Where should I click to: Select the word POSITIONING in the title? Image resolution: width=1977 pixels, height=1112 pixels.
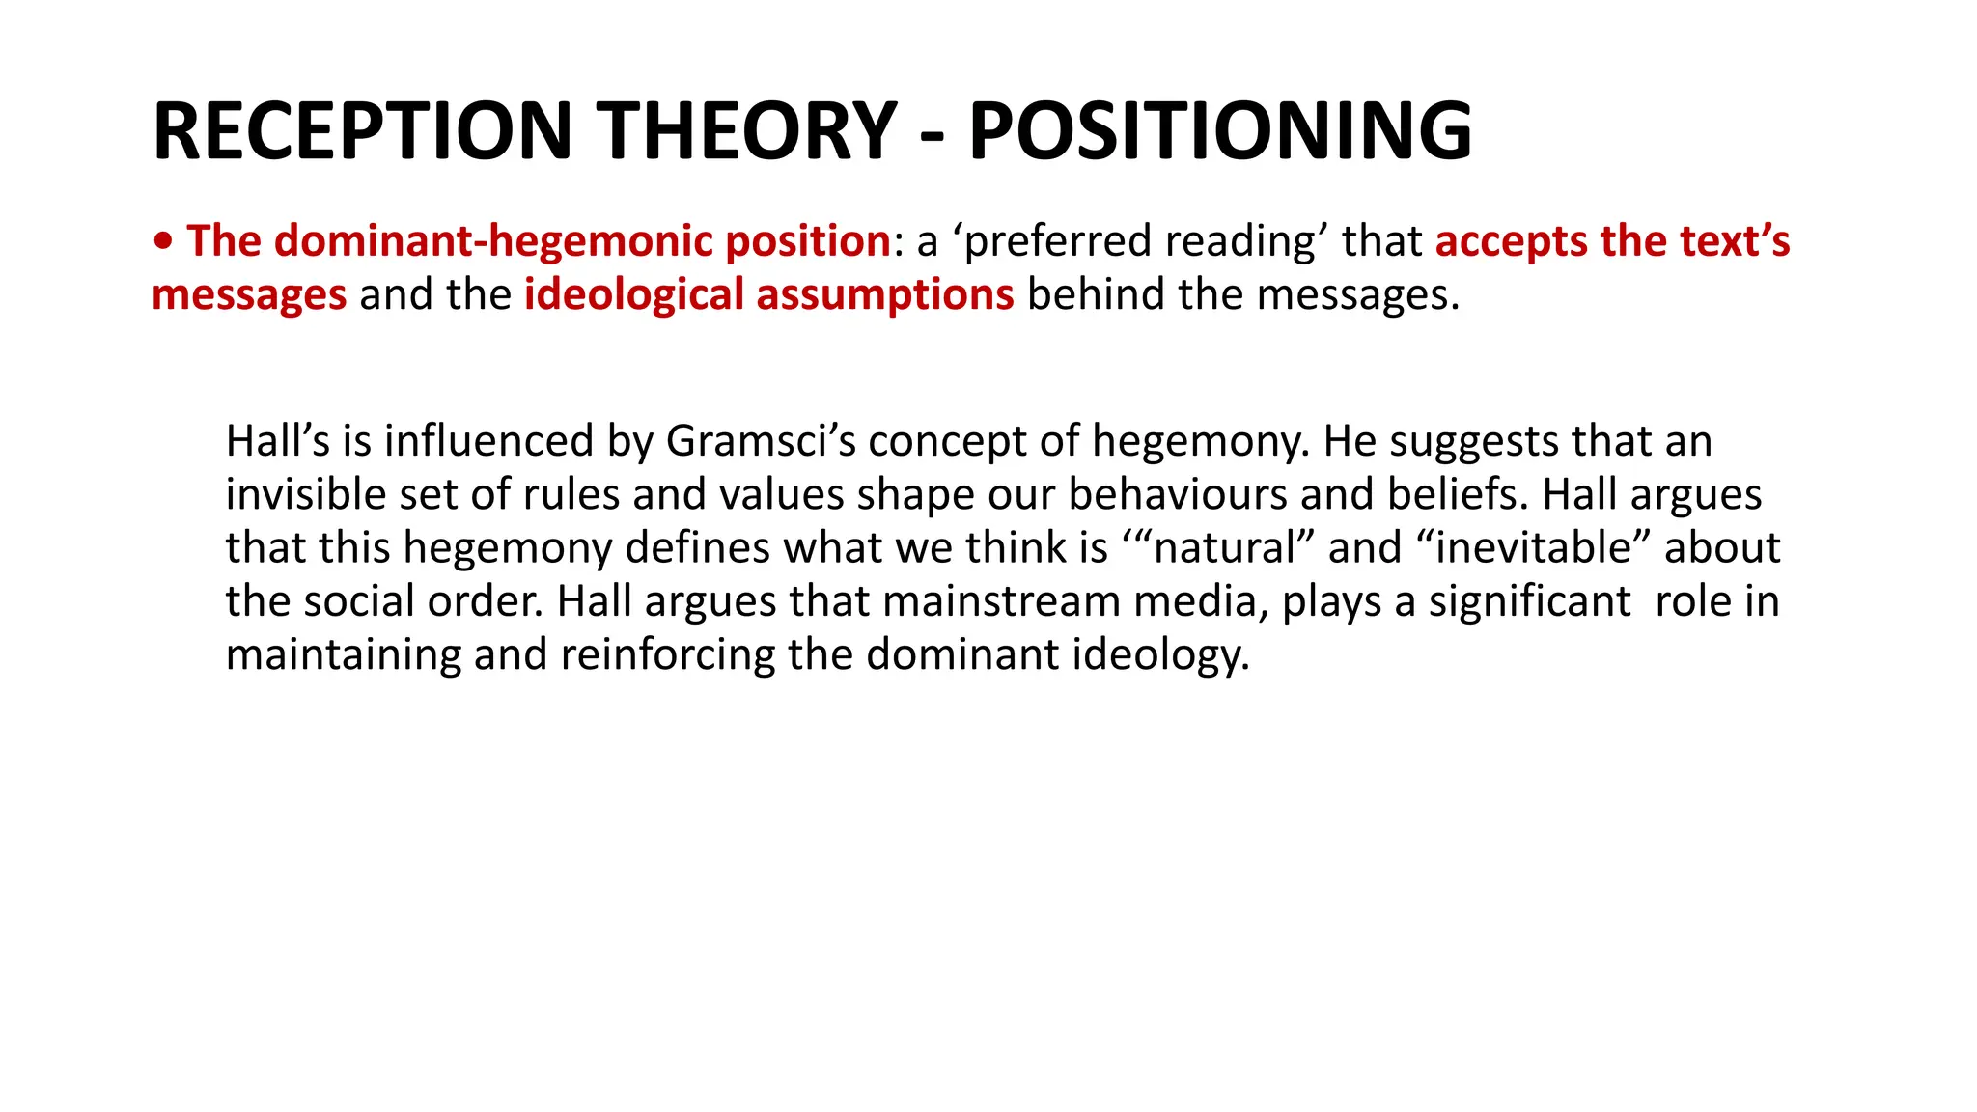pos(1220,131)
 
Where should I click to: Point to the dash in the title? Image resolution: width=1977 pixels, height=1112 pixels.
pos(933,135)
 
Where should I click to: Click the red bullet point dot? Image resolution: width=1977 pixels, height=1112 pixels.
pos(164,241)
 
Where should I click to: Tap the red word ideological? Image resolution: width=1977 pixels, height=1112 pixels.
pos(633,294)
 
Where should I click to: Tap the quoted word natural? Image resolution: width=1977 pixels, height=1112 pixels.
pos(1223,547)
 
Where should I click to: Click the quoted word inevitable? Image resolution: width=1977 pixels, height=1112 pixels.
pos(1533,547)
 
